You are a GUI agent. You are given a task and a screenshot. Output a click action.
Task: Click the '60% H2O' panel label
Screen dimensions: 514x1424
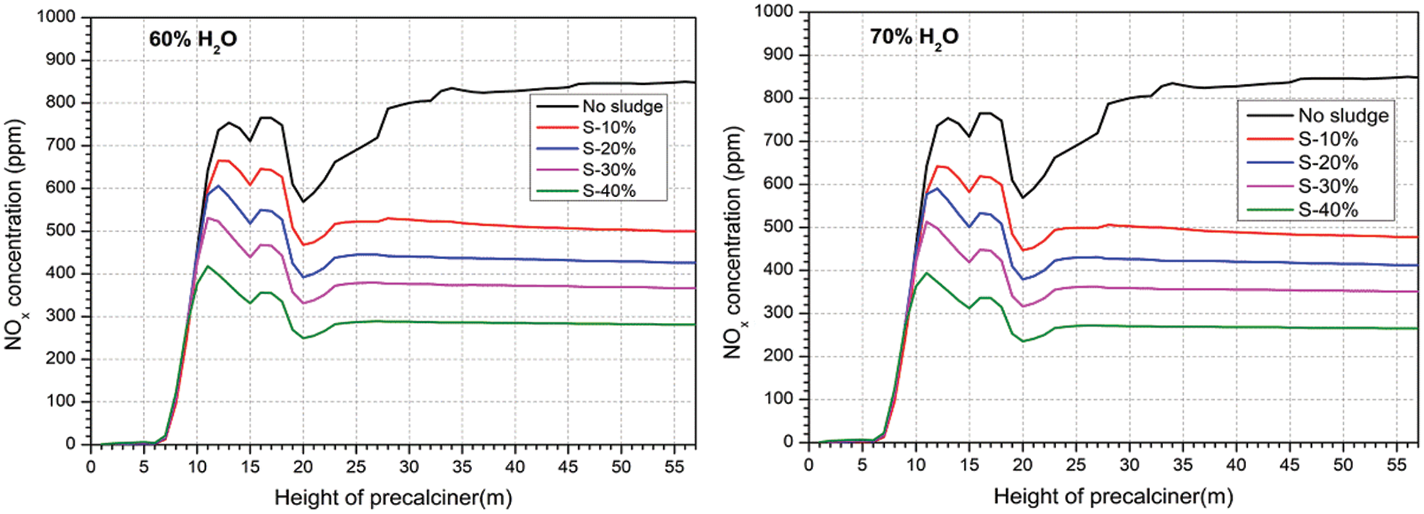point(193,40)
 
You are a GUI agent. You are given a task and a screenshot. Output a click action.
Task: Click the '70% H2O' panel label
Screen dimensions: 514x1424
point(914,37)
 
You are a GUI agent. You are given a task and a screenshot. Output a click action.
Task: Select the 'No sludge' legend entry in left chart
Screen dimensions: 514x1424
point(622,106)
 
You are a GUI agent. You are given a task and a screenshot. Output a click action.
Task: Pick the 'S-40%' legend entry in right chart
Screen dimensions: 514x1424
point(1328,210)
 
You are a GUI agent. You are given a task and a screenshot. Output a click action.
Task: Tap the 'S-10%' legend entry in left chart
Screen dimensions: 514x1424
point(609,127)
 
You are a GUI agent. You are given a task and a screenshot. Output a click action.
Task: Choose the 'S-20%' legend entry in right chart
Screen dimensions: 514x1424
point(1328,163)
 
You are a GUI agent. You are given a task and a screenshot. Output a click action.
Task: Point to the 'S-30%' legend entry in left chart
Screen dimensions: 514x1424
point(609,170)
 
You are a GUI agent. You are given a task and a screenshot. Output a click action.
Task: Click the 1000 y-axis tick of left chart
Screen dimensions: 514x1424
point(56,17)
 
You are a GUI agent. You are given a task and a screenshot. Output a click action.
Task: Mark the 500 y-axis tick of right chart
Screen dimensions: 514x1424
point(778,227)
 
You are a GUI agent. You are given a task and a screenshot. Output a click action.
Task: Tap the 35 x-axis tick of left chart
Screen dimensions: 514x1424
point(462,467)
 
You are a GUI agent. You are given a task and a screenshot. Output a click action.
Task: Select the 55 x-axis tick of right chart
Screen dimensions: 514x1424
point(1396,465)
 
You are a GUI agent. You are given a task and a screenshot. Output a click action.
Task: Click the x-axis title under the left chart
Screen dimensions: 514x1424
point(393,499)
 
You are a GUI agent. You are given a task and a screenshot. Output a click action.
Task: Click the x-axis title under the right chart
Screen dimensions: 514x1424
point(1113,497)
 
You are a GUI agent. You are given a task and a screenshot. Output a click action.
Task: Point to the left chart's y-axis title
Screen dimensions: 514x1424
point(15,234)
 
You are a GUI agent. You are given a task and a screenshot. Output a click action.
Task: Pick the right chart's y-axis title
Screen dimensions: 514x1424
point(734,242)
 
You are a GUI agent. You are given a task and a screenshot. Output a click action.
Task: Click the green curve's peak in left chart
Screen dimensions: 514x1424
point(207,266)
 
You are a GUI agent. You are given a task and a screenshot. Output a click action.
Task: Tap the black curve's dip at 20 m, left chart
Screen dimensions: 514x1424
point(303,201)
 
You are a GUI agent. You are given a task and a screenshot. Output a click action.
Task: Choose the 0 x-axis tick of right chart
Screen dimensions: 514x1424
point(808,465)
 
